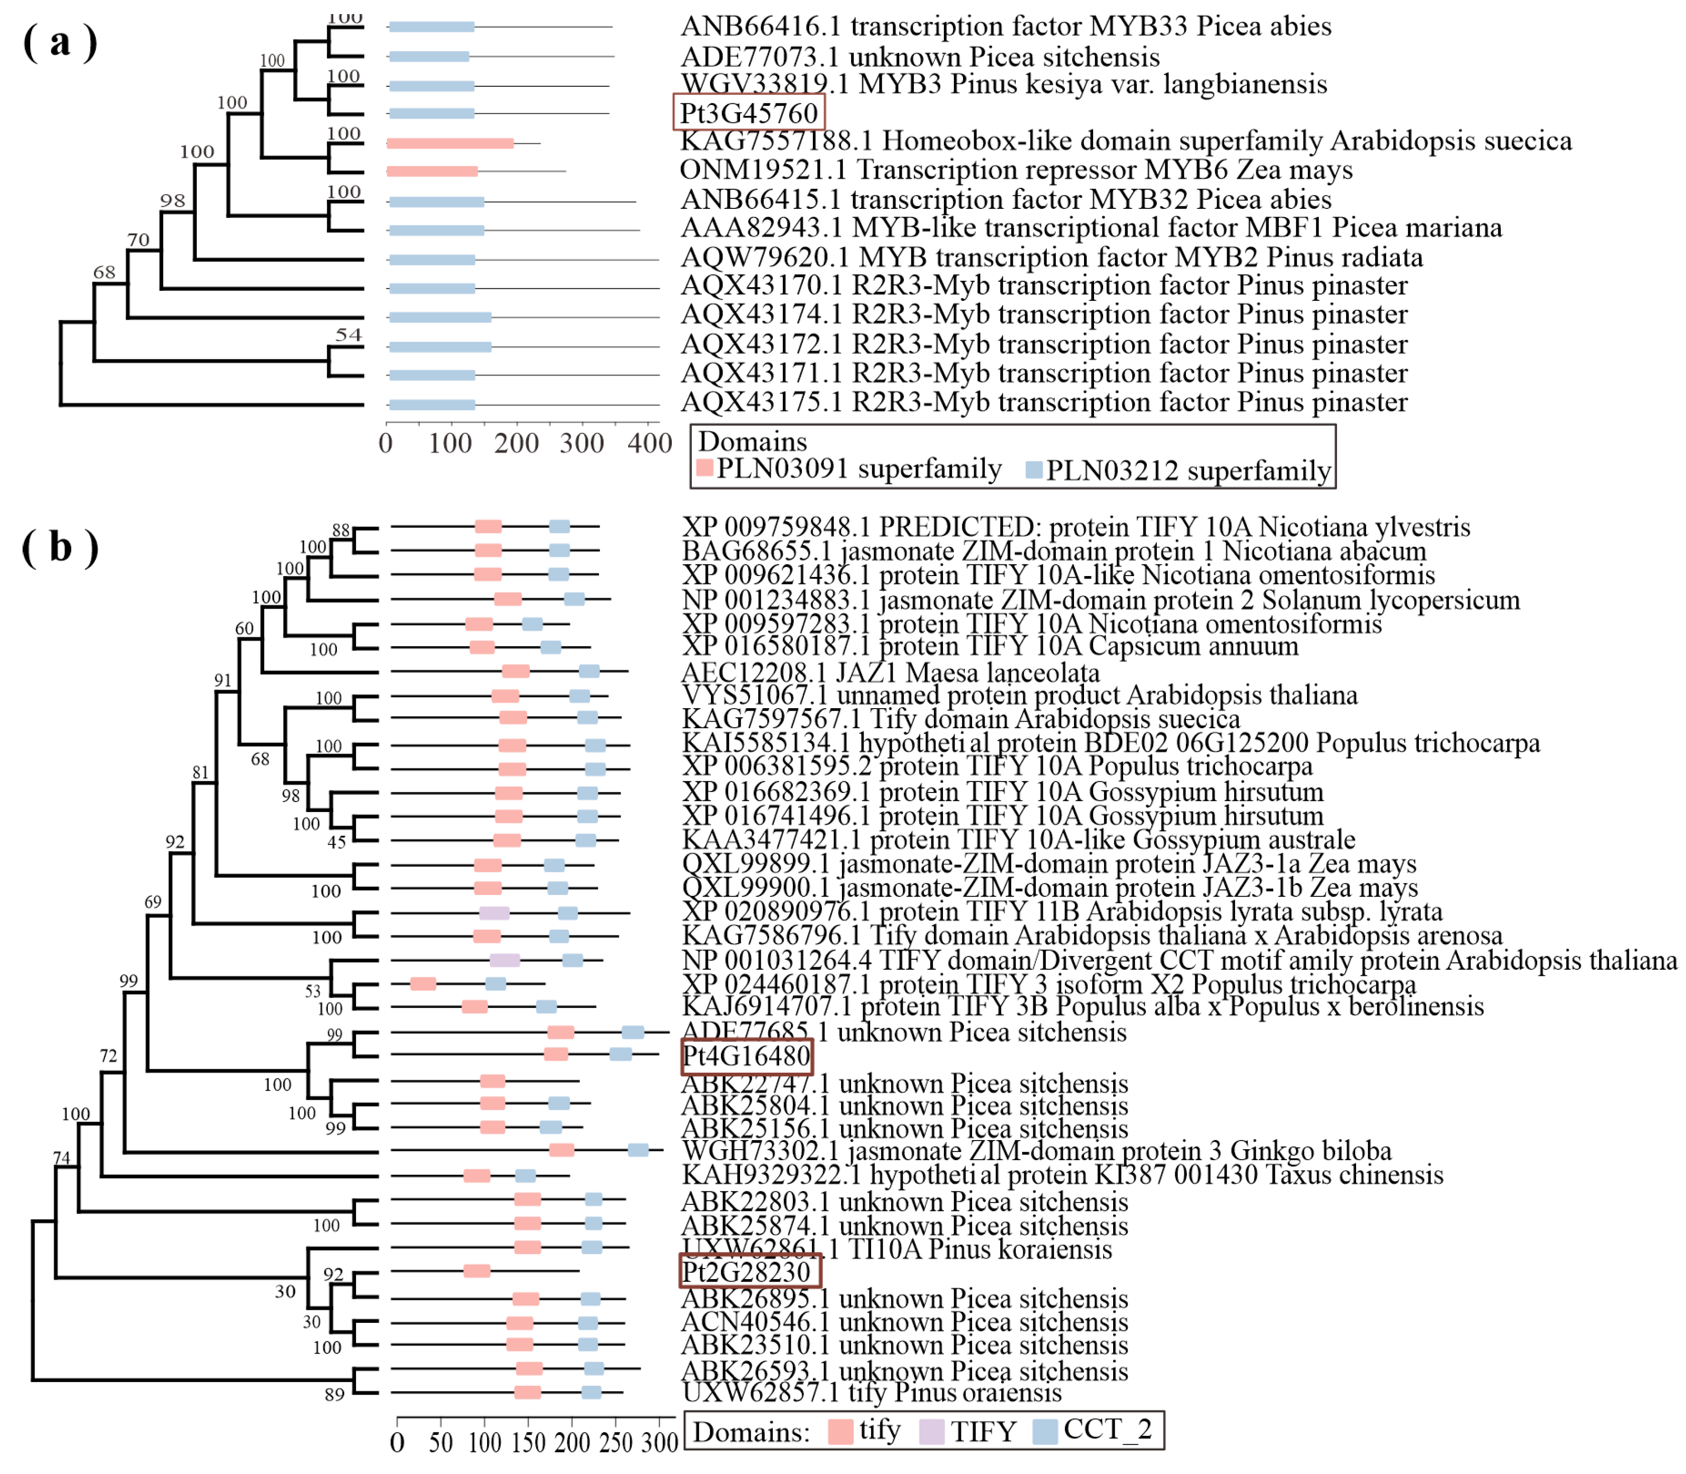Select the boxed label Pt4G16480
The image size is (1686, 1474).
746,1056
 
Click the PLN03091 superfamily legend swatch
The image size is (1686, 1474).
704,468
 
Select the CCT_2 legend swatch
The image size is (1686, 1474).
1044,1432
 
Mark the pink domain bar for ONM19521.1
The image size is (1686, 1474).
432,171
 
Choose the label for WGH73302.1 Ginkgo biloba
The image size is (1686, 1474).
1036,1151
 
